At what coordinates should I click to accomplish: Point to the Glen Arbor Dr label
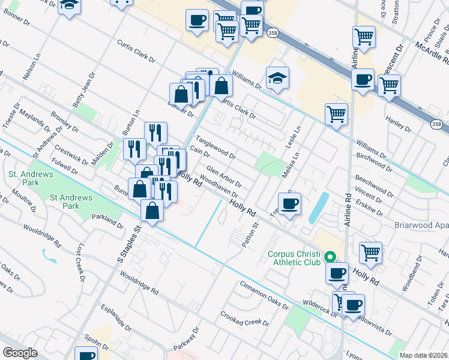224,176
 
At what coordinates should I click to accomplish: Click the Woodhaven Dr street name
220,186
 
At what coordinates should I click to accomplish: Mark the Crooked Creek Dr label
244,318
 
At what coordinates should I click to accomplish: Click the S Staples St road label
129,244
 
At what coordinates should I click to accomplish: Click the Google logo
20,353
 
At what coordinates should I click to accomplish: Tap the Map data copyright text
424,355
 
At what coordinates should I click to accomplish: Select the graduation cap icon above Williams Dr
277,78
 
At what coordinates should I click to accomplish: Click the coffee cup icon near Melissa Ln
289,204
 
